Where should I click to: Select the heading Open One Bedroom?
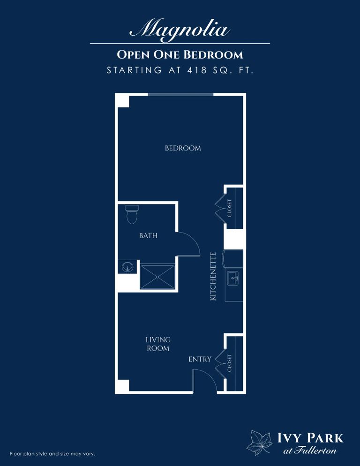click(x=180, y=55)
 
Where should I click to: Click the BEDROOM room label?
click(x=183, y=148)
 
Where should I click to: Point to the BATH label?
click(x=148, y=236)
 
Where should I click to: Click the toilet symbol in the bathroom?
click(x=132, y=215)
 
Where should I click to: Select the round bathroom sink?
click(x=127, y=268)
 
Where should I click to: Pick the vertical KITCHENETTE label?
click(x=213, y=277)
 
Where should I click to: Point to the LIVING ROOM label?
click(x=157, y=344)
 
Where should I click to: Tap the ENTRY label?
click(x=200, y=360)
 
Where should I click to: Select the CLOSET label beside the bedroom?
click(x=230, y=208)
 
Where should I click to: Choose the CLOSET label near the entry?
click(x=230, y=363)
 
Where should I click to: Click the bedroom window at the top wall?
click(x=180, y=95)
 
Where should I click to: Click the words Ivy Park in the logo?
click(x=310, y=439)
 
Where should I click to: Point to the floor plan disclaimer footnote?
click(x=52, y=454)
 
